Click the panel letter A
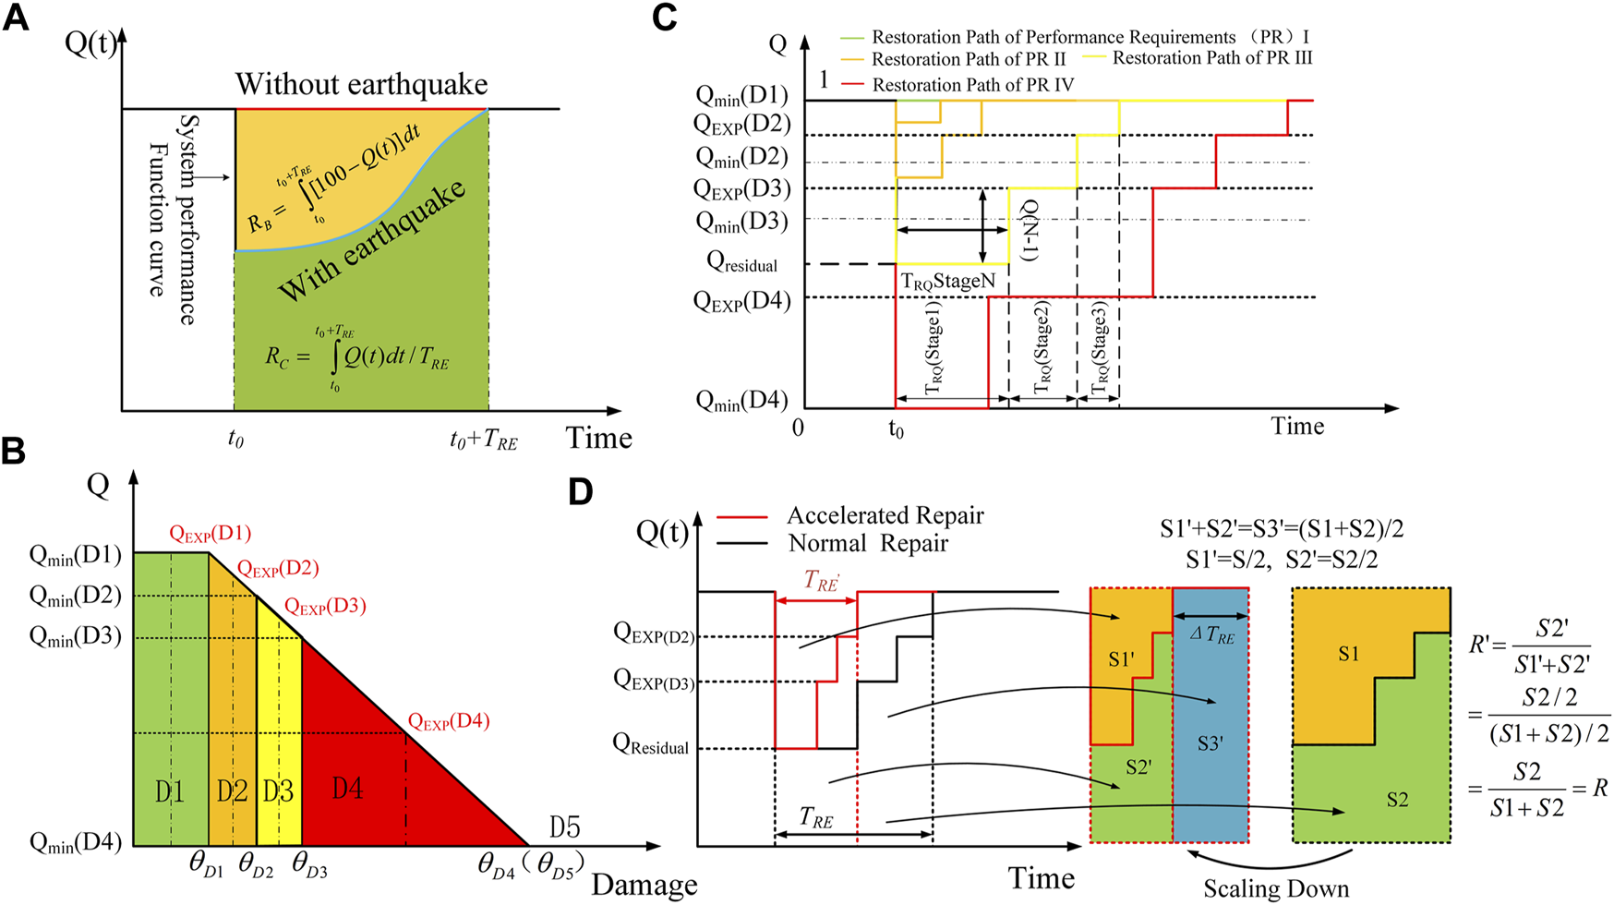[x=16, y=18]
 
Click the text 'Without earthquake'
[x=361, y=84]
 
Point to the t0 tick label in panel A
[x=235, y=439]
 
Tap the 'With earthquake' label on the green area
[x=372, y=242]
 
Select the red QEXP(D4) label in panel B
[x=449, y=721]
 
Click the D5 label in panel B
[x=565, y=827]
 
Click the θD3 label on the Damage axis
[x=309, y=865]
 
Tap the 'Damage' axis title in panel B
[x=644, y=885]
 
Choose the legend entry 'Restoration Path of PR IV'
[x=972, y=85]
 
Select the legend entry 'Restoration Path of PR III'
[x=1211, y=58]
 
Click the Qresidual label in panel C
[x=741, y=263]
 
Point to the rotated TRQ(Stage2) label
[x=1042, y=347]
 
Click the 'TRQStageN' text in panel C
[x=948, y=281]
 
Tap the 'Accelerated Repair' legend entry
[x=885, y=515]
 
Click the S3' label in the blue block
[x=1210, y=743]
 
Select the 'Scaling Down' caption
[x=1275, y=888]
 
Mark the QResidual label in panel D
[x=651, y=745]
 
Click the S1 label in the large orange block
[x=1348, y=654]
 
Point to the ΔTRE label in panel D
[x=1211, y=635]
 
